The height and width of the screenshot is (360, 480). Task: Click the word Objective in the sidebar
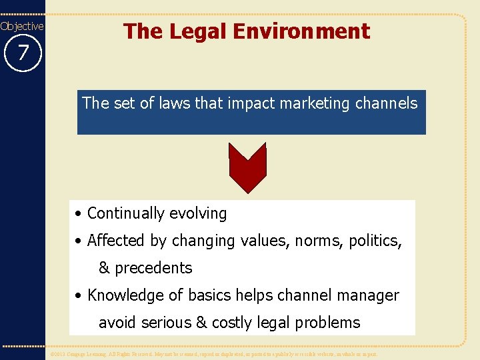[22, 26]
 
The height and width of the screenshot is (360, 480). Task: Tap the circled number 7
[23, 52]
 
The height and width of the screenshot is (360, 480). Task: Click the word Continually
[125, 213]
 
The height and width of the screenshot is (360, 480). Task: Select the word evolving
[197, 214]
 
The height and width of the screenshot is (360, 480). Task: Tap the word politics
[377, 241]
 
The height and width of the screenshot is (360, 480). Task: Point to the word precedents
[153, 269]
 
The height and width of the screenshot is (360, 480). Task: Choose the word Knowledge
[125, 296]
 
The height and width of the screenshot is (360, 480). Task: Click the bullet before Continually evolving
[79, 214]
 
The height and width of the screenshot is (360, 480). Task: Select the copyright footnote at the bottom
[213, 354]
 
